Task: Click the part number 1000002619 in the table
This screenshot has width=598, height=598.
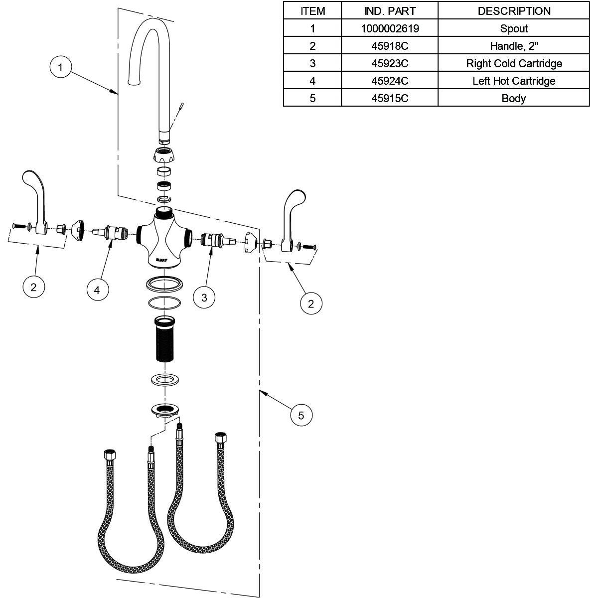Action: (x=389, y=29)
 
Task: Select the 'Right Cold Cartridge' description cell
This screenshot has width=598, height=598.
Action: (x=513, y=63)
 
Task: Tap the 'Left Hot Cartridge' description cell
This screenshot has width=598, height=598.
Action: (x=513, y=81)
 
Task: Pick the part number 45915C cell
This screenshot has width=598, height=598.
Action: (x=389, y=98)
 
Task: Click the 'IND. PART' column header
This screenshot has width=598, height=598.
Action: (x=389, y=11)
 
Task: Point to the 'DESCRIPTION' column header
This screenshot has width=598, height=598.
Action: (x=513, y=11)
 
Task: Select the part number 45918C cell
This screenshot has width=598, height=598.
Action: (x=389, y=46)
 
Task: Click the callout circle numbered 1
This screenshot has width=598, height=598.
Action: (x=61, y=67)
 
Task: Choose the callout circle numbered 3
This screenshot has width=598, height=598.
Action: (x=204, y=298)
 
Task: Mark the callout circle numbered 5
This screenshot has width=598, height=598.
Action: (x=301, y=415)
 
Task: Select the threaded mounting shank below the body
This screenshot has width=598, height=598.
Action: (x=164, y=339)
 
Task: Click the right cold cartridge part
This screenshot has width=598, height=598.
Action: (x=216, y=239)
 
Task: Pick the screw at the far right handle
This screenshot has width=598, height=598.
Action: (x=309, y=246)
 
